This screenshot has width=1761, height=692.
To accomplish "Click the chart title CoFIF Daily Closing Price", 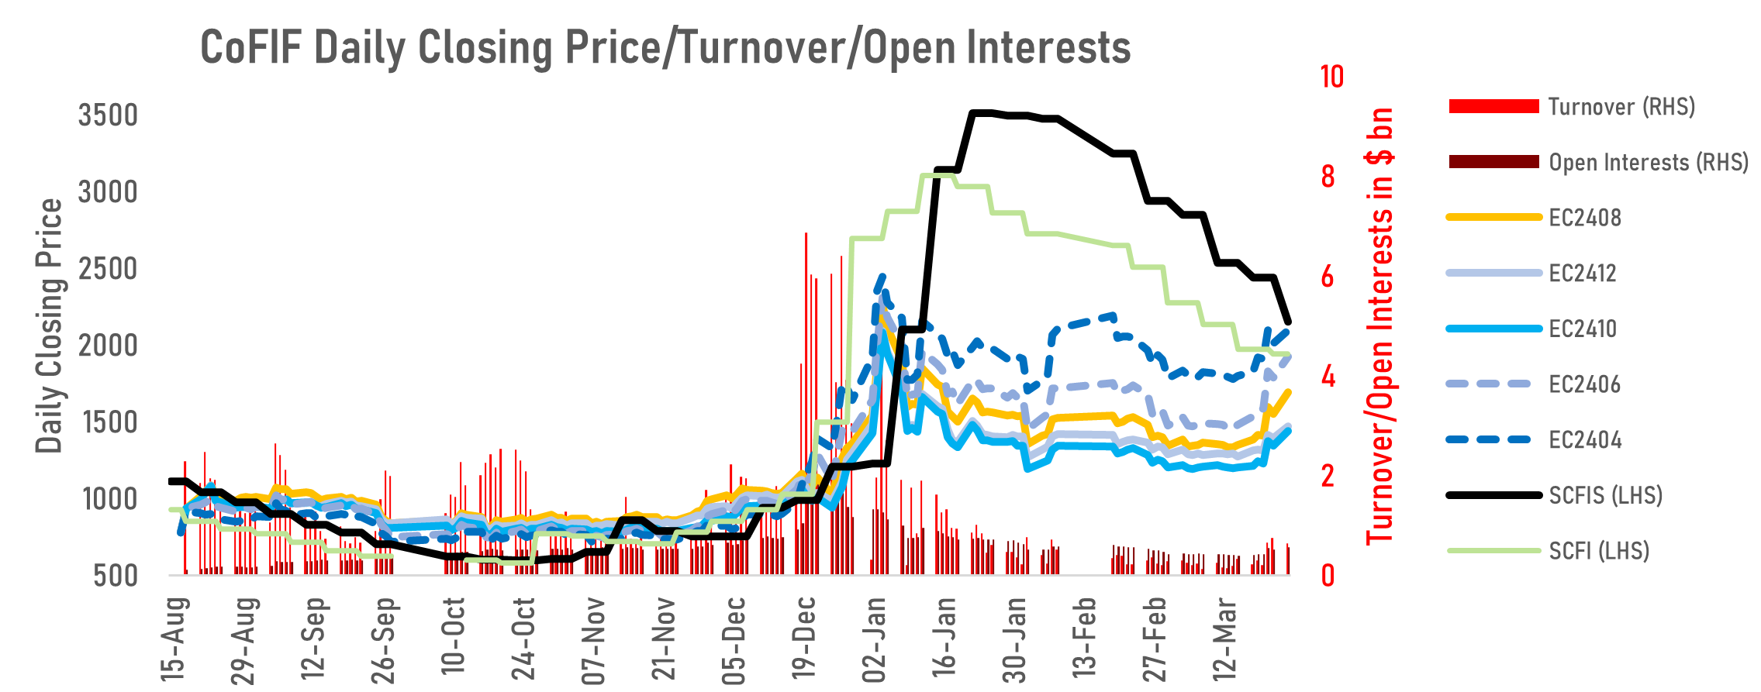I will [665, 48].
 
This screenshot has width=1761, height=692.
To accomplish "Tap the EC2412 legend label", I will [1582, 274].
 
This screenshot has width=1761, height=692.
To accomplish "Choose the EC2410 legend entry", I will [1583, 329].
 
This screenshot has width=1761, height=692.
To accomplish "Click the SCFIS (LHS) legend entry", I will [1605, 495].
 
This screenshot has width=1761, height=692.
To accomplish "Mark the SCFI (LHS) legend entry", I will [1599, 551].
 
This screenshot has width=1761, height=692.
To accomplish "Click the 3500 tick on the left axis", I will [108, 115].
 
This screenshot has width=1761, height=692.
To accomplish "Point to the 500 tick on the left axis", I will [116, 576].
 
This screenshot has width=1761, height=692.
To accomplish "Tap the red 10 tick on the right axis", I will [1331, 77].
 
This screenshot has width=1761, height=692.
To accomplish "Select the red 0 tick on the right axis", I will [1328, 576].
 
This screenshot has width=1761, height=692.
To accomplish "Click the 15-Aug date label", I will [175, 639].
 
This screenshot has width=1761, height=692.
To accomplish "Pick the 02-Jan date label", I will [875, 639].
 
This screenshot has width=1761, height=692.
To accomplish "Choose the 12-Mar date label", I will [1225, 639].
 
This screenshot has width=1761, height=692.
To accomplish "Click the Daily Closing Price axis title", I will [50, 325].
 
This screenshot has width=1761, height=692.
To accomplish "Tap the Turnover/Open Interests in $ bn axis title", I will [1379, 325].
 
